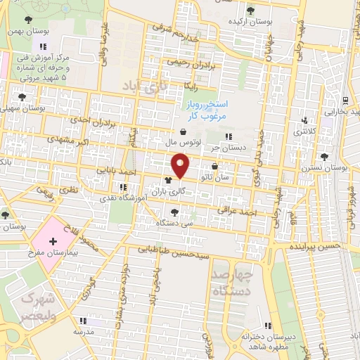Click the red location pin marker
coord(181,166)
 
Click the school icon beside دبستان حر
coord(227,136)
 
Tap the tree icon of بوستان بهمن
coord(27,20)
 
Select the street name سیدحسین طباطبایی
coord(173,250)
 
